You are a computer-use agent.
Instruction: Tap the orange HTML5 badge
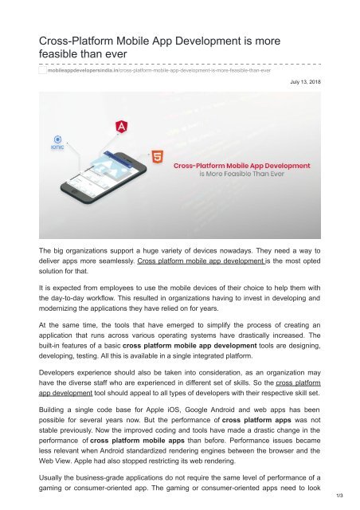[160, 159]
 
